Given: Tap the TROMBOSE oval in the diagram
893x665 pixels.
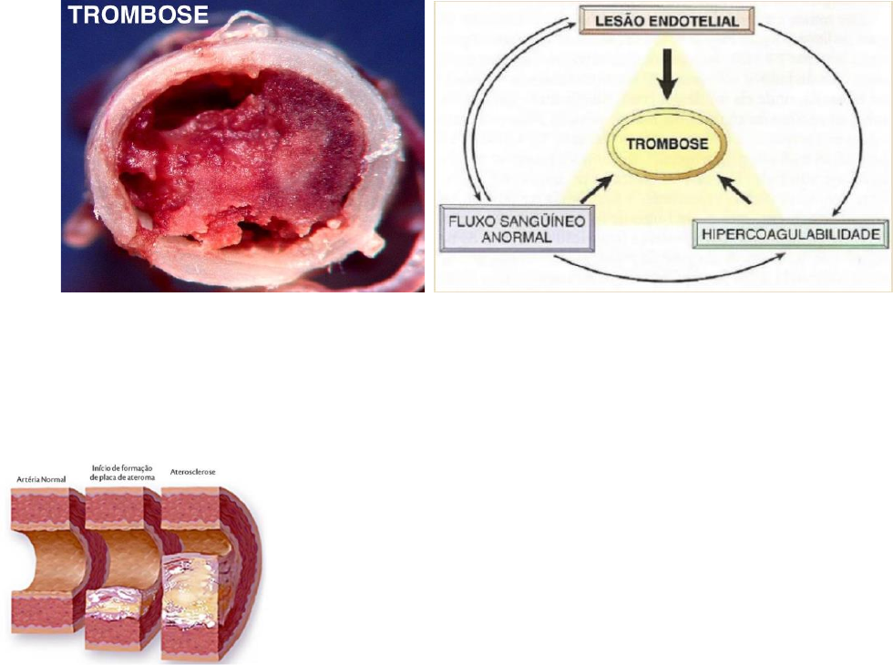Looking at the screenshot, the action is click(670, 144).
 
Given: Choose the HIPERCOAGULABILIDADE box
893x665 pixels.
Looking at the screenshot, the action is click(789, 235).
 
